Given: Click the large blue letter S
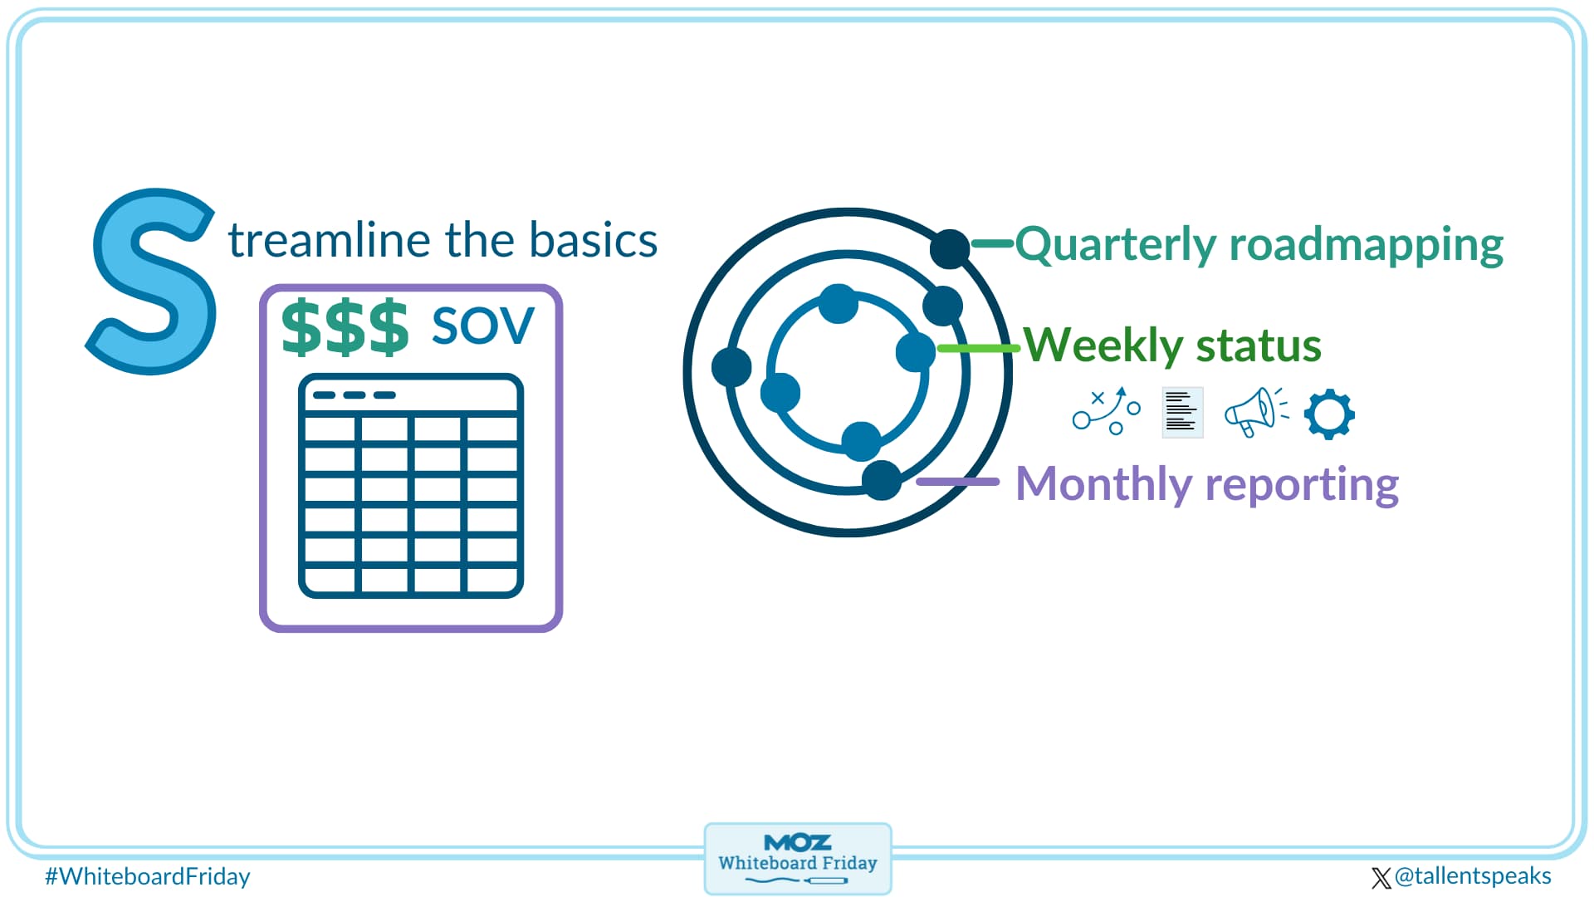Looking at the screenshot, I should [154, 282].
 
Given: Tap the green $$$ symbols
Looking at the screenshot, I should [345, 327].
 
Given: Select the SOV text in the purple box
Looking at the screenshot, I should [482, 326].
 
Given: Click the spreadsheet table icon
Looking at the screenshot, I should [411, 486].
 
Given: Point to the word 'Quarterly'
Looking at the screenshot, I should [1115, 245].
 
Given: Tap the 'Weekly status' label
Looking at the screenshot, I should [1171, 346].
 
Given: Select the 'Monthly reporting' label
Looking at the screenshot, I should [1206, 484].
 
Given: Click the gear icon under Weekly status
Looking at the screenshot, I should [1328, 414].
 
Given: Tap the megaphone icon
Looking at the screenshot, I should [1254, 412].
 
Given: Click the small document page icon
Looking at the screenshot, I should [1181, 412].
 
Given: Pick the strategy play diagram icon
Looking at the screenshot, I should [1107, 411].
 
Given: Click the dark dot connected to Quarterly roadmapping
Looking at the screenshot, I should [950, 248].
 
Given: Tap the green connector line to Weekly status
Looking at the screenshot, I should [978, 348].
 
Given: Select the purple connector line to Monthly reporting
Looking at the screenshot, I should [957, 482].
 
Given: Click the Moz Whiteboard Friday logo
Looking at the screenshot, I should [797, 859].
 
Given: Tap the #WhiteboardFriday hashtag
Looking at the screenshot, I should [148, 876].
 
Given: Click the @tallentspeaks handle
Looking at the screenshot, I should [1471, 876].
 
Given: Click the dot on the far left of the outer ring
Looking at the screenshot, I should [731, 366].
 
